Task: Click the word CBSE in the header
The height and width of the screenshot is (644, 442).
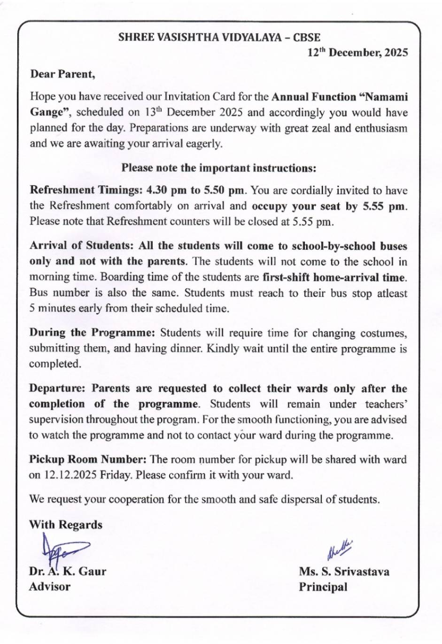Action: click(306, 37)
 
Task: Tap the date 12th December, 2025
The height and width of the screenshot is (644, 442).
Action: click(357, 53)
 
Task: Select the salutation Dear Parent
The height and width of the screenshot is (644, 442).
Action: click(62, 74)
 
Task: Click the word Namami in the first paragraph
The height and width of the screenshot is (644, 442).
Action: click(386, 97)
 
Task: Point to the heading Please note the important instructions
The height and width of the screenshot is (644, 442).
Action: click(219, 168)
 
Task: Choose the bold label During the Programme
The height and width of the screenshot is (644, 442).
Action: click(92, 333)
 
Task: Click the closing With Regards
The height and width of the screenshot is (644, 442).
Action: click(66, 525)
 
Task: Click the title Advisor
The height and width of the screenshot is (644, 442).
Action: click(50, 587)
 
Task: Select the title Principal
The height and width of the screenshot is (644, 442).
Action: click(323, 587)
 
